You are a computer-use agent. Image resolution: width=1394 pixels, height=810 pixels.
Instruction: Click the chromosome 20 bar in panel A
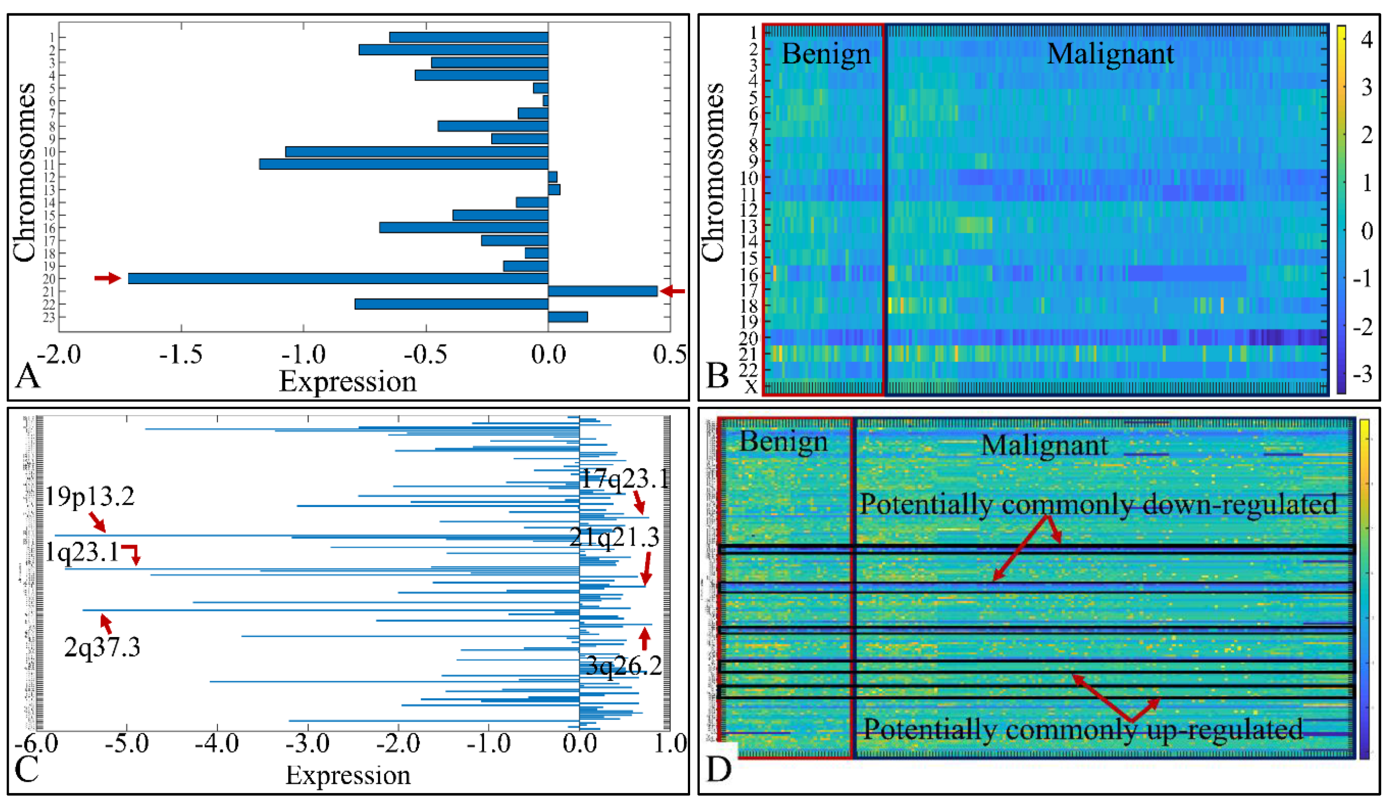pyautogui.click(x=337, y=278)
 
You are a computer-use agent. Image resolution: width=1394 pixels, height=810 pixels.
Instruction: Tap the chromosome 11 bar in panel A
pyautogui.click(x=403, y=164)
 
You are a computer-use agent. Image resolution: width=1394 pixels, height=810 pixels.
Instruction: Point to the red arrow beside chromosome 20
pyautogui.click(x=107, y=278)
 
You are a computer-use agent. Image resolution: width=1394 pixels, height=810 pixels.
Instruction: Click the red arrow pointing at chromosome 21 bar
pyautogui.click(x=673, y=291)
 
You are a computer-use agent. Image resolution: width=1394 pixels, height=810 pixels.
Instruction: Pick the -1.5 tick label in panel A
pyautogui.click(x=181, y=355)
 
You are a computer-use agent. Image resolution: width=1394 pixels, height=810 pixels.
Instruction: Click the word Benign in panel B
pyautogui.click(x=826, y=54)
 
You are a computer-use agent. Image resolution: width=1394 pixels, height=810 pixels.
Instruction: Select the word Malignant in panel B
pyautogui.click(x=1110, y=54)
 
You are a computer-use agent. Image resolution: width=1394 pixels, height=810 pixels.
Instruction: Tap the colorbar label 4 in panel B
pyautogui.click(x=1367, y=40)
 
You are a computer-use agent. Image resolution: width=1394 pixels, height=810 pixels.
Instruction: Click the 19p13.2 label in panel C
pyautogui.click(x=90, y=496)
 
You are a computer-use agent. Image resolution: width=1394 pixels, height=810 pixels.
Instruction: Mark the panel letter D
pyautogui.click(x=719, y=770)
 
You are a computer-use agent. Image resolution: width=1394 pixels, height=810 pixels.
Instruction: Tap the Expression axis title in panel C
pyautogui.click(x=348, y=776)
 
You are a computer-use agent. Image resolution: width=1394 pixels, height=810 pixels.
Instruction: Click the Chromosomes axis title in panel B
pyautogui.click(x=713, y=172)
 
